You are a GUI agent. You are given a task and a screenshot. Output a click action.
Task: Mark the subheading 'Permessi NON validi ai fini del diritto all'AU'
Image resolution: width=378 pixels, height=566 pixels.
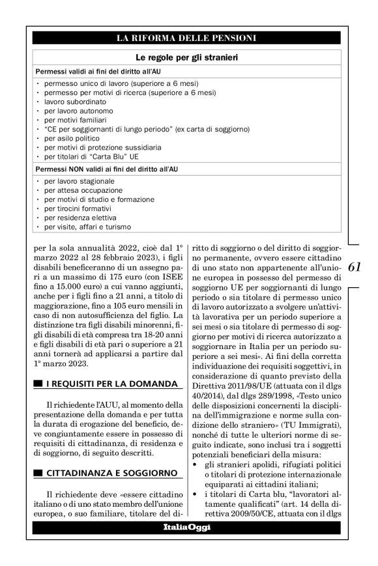coord(107,169)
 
